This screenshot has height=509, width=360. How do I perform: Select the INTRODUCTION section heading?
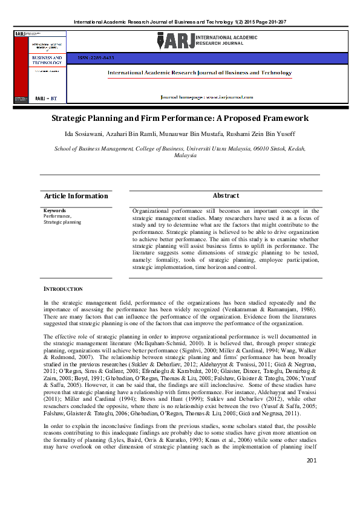click(63, 289)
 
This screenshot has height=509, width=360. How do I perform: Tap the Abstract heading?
click(226, 196)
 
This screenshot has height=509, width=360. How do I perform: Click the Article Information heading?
click(76, 196)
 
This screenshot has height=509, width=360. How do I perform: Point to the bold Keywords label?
click(54, 210)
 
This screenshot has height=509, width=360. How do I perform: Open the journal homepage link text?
click(205, 97)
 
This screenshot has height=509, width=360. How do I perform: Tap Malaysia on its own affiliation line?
click(185, 155)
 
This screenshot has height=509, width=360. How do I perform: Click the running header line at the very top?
click(180, 22)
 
